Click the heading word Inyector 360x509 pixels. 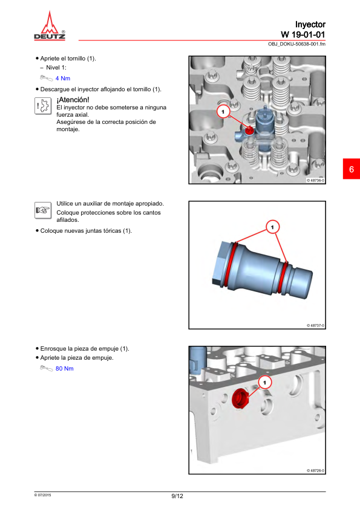pyautogui.click(x=310, y=25)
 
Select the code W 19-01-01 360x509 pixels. pyautogui.click(x=303, y=34)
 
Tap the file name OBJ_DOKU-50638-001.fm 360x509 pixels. pyautogui.click(x=296, y=44)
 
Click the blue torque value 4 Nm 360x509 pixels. pyautogui.click(x=63, y=78)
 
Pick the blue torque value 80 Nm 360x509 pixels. pyautogui.click(x=64, y=368)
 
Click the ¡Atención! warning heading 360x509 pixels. pyautogui.click(x=73, y=100)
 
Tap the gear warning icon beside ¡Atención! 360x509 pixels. pyautogui.click(x=43, y=106)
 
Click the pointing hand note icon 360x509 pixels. pyautogui.click(x=43, y=210)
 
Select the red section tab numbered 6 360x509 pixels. pyautogui.click(x=352, y=169)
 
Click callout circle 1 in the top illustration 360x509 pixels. pyautogui.click(x=223, y=112)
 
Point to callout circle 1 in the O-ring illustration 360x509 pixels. pyautogui.click(x=272, y=227)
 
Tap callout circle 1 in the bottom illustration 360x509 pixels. pyautogui.click(x=264, y=383)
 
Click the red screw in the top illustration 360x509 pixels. pyautogui.click(x=249, y=131)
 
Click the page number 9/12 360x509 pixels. pyautogui.click(x=177, y=496)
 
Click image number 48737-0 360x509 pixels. pyautogui.click(x=315, y=325)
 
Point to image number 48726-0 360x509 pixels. pyautogui.click(x=315, y=470)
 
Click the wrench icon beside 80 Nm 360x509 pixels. pyautogui.click(x=46, y=368)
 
